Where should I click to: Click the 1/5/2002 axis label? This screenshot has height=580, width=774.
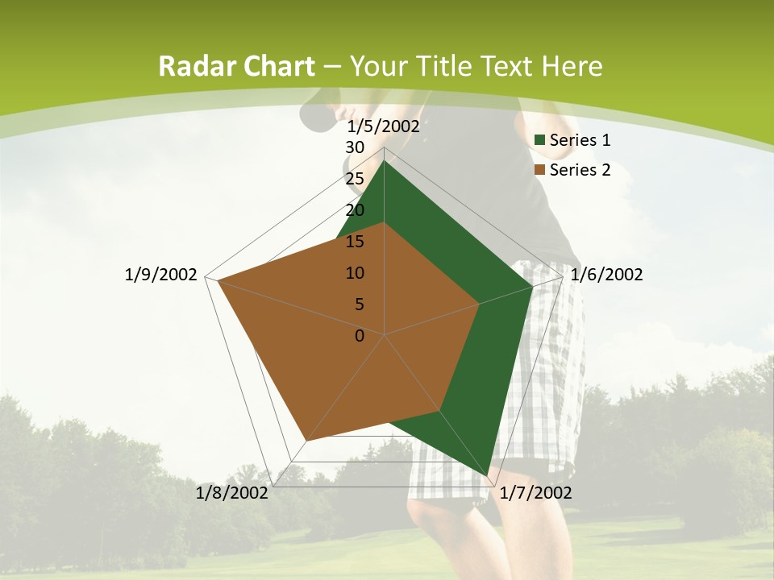click(x=384, y=126)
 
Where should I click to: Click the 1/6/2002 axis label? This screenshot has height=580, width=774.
click(x=606, y=275)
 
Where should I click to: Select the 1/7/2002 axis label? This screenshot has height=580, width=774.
click(x=535, y=493)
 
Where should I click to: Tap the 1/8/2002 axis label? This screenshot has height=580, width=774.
click(x=232, y=493)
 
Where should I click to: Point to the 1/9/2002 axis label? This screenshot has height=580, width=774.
click(x=161, y=275)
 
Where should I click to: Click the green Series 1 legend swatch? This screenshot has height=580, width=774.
click(x=540, y=141)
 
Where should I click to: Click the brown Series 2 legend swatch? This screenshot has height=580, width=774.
click(x=540, y=170)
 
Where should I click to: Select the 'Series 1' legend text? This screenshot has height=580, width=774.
click(x=580, y=140)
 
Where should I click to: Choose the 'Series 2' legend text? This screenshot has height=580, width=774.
click(x=580, y=170)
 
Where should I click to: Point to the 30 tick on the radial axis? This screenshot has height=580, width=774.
click(x=355, y=147)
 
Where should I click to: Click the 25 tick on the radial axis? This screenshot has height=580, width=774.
click(x=355, y=179)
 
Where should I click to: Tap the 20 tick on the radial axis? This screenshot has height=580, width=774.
click(x=355, y=210)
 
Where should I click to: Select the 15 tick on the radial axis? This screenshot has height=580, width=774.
click(x=355, y=242)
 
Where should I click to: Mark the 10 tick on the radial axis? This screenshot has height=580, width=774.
click(x=355, y=273)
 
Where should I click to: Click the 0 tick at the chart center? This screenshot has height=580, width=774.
click(x=360, y=336)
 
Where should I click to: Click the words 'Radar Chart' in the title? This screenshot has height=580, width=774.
click(x=236, y=66)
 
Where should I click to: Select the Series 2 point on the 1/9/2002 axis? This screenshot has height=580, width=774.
click(x=218, y=280)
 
